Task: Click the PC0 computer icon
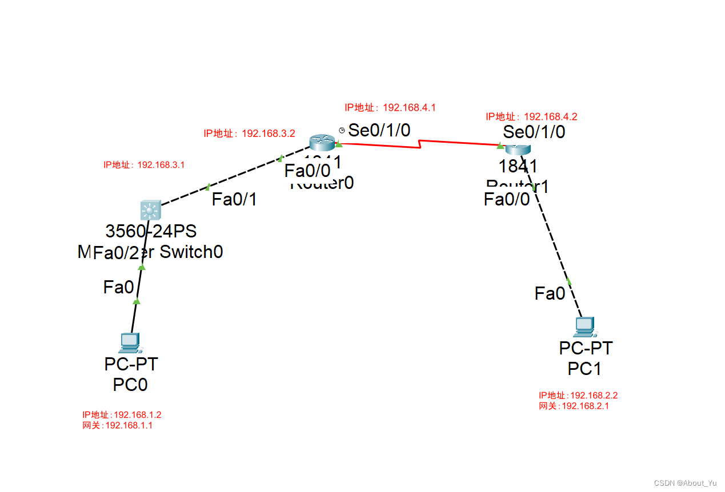coord(130,342)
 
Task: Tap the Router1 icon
coord(518,148)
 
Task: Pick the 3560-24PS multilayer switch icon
coord(150,211)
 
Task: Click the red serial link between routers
coord(420,144)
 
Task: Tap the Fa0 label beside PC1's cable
coord(550,294)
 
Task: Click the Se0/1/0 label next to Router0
coord(379,130)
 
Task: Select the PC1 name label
coord(584,369)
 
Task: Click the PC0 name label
coord(130,385)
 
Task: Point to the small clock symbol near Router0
coord(342,131)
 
